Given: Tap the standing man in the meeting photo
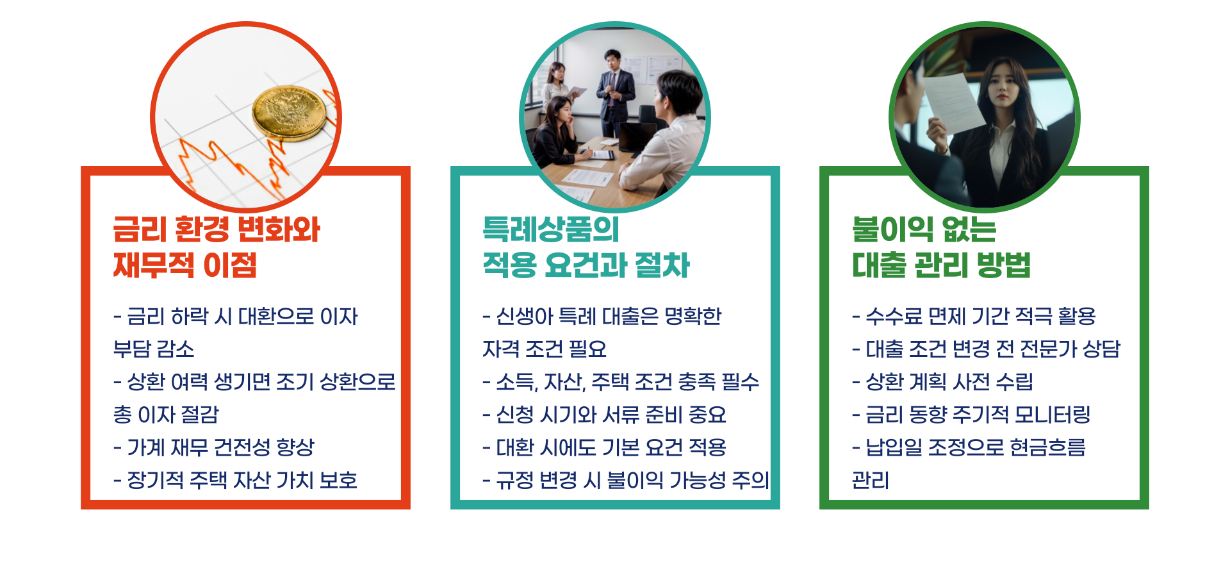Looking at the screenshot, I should [x=615, y=90].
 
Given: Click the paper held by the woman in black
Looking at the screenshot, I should [x=955, y=103].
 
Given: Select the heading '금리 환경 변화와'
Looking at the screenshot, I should [x=217, y=229].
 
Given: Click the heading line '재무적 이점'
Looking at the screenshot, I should [x=185, y=265].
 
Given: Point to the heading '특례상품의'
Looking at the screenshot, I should [x=551, y=229].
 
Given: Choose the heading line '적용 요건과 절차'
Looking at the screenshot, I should [x=586, y=265].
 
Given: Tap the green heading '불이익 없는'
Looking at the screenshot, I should [x=924, y=229].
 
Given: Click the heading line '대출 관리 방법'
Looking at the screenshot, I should [x=941, y=265].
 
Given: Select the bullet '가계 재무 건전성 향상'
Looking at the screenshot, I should [x=215, y=447].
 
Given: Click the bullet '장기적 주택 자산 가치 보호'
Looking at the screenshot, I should [x=235, y=480].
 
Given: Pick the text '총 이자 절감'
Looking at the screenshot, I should [x=166, y=415].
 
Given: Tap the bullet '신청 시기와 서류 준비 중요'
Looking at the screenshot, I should [x=604, y=415].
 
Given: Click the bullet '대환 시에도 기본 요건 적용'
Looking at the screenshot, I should [x=604, y=447].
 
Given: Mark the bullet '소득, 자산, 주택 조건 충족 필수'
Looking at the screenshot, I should [x=620, y=382].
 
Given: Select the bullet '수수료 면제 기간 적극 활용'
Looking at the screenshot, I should [x=974, y=316].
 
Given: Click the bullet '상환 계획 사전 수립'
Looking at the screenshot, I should [x=942, y=382].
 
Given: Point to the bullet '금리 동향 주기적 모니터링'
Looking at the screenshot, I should [x=971, y=415].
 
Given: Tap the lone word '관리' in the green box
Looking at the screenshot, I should [x=870, y=480].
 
